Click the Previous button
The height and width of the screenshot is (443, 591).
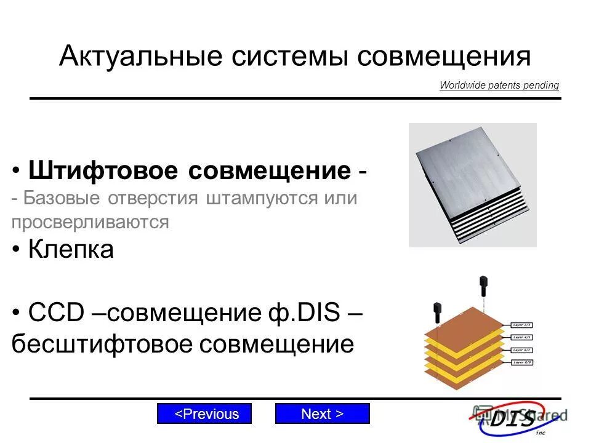click(x=204, y=414)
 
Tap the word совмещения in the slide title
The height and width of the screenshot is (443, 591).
click(x=444, y=57)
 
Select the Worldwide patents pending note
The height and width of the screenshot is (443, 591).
click(x=499, y=86)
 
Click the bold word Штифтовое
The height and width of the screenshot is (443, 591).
click(x=105, y=170)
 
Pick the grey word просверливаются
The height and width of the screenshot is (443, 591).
click(x=90, y=222)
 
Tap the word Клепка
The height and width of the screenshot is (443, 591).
click(x=71, y=250)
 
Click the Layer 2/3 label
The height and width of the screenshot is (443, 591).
click(x=522, y=324)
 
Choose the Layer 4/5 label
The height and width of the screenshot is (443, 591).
click(x=522, y=337)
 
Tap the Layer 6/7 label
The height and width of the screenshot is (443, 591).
click(x=522, y=350)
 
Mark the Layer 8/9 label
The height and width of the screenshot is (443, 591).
click(x=522, y=363)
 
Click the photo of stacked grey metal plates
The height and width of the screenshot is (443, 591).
click(x=472, y=185)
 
